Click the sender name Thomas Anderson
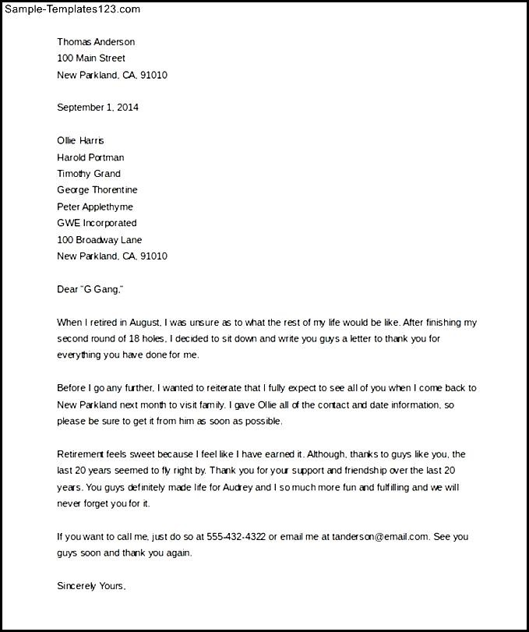(96, 42)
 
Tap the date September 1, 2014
(97, 108)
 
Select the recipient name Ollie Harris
(80, 141)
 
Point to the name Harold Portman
(90, 157)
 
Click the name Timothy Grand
(89, 174)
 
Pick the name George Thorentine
(97, 190)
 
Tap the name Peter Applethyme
(95, 207)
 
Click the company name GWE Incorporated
(97, 223)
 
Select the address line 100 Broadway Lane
(99, 239)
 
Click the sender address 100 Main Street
(91, 58)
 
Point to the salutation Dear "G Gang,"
(90, 289)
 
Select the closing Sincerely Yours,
(91, 586)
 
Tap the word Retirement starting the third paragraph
(83, 454)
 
